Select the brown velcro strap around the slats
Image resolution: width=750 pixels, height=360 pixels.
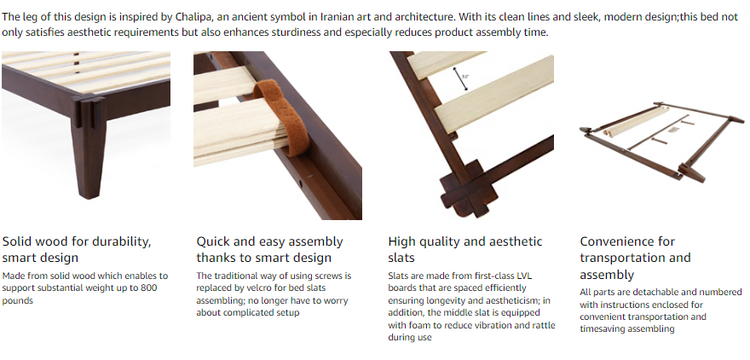[282, 117]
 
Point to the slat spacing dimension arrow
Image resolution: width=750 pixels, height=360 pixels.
[461, 79]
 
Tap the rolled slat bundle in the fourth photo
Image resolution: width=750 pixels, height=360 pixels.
[636, 121]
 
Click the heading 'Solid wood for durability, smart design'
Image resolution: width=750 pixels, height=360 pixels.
[77, 250]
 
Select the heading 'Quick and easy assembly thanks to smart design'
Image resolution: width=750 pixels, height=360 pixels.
[270, 250]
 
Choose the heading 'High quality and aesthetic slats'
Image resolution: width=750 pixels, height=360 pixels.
[465, 250]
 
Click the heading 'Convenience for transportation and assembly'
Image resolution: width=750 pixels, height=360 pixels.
[635, 258]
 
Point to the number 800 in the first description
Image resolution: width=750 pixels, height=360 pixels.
[148, 288]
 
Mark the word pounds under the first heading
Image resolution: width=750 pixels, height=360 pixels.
[18, 301]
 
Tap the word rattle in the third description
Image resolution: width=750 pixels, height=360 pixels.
[543, 326]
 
